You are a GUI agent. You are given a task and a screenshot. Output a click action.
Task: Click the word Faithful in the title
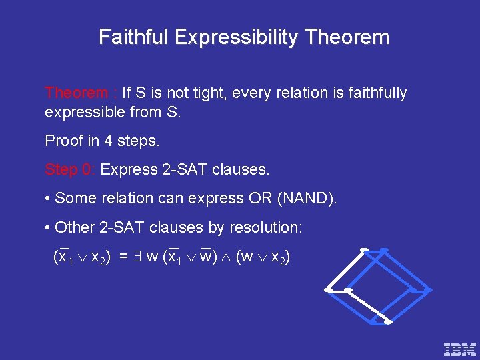[133, 37]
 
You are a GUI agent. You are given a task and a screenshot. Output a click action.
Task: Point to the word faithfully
[374, 93]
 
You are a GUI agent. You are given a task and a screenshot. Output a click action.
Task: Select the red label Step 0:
[71, 169]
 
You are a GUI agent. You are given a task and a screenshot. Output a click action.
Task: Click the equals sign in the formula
[124, 257]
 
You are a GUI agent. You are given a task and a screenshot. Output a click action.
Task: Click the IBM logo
[460, 348]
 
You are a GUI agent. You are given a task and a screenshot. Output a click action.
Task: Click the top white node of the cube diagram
[364, 250]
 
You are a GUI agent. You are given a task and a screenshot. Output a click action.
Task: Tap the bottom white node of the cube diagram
[388, 323]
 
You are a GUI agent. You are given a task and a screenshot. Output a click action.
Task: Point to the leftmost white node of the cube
[327, 290]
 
